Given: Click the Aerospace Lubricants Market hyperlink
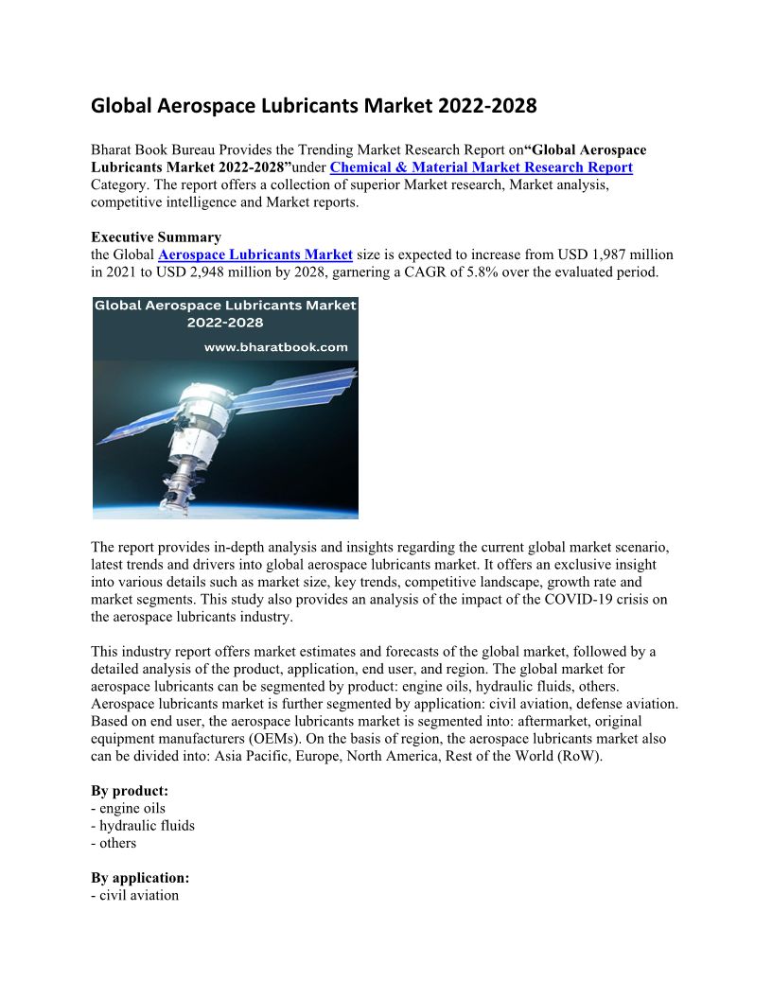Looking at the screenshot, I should tap(255, 254).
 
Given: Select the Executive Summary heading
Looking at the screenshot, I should tap(156, 237).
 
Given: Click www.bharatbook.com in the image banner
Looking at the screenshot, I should tap(276, 347).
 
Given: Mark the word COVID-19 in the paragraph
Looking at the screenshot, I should tap(526, 600).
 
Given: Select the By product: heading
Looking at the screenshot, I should tap(130, 791).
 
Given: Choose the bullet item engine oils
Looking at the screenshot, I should tap(132, 808).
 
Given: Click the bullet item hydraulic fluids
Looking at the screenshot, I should tap(147, 826).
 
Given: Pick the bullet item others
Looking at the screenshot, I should tap(117, 843).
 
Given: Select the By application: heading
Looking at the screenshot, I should tap(140, 878).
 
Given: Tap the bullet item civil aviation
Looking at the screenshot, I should tap(139, 895).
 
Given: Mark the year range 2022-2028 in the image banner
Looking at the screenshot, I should tap(225, 322).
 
